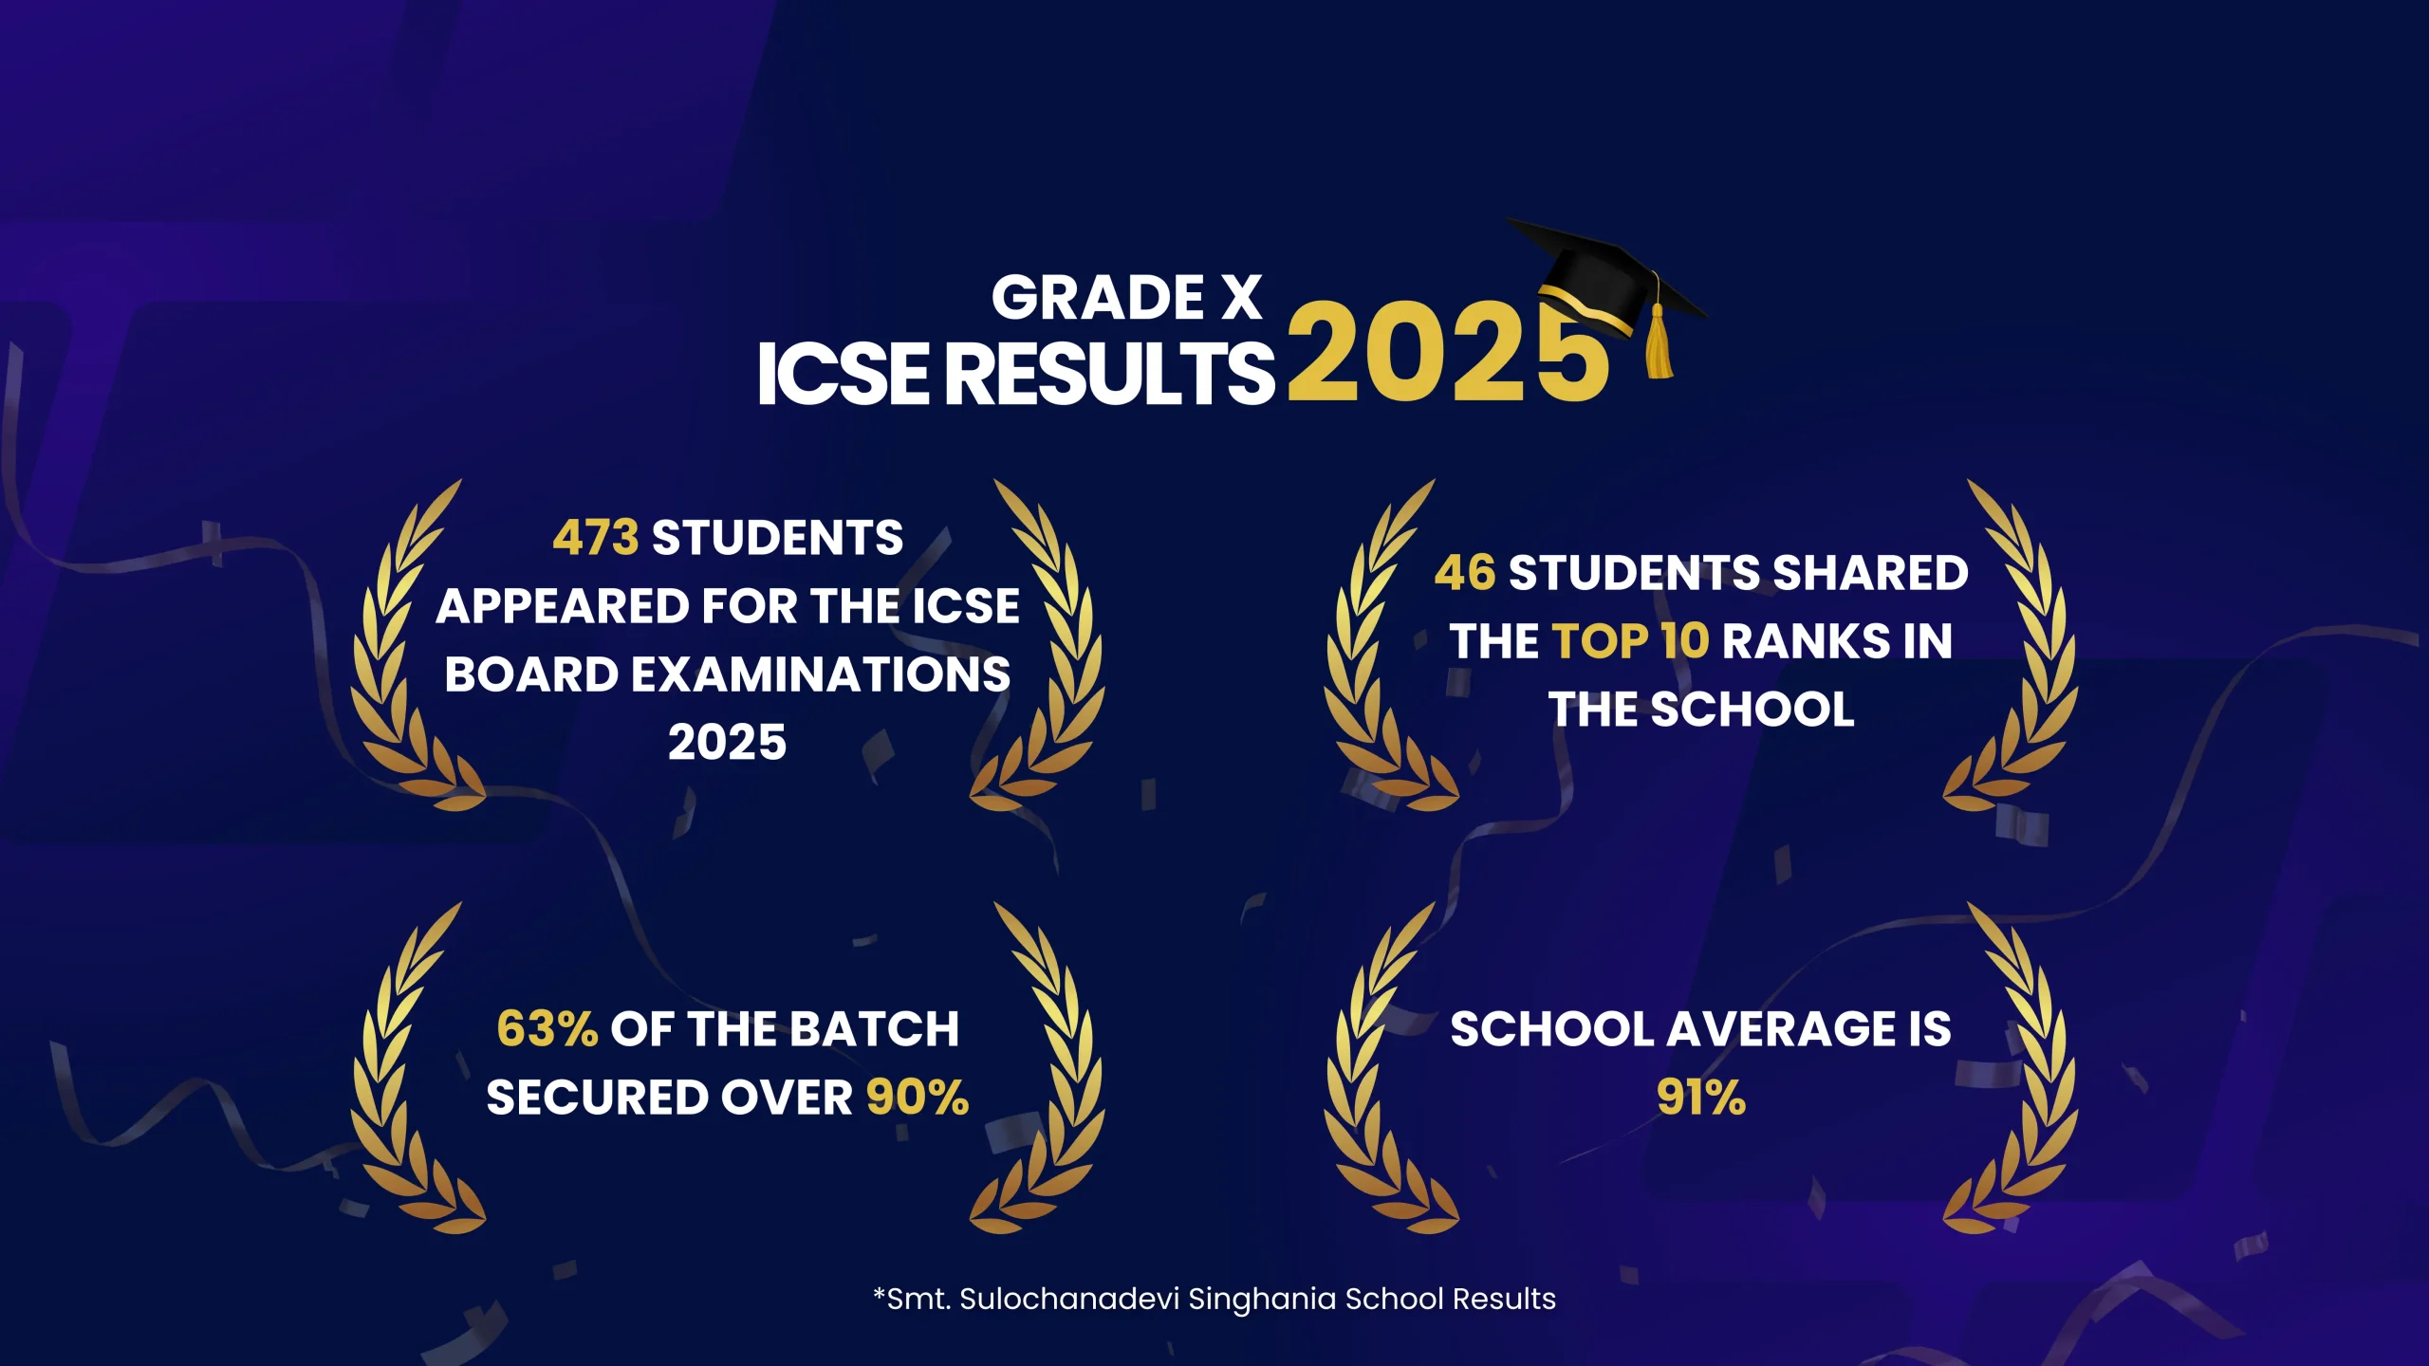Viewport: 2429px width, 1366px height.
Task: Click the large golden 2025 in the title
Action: [x=1448, y=353]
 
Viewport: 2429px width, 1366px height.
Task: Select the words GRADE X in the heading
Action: [x=1126, y=298]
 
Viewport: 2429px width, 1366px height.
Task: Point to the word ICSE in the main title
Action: [x=843, y=374]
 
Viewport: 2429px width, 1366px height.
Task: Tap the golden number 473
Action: [x=596, y=538]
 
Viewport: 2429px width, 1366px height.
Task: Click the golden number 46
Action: [x=1465, y=573]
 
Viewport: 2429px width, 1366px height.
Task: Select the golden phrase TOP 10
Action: [x=1630, y=641]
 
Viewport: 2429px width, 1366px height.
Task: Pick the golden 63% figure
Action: [x=547, y=1029]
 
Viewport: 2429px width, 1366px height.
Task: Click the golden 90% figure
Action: [x=918, y=1098]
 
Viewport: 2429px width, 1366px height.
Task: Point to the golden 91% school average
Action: [x=1701, y=1098]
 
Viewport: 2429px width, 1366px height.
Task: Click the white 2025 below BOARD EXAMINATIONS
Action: [x=728, y=743]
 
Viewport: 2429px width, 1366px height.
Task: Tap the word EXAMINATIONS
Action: [x=821, y=674]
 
